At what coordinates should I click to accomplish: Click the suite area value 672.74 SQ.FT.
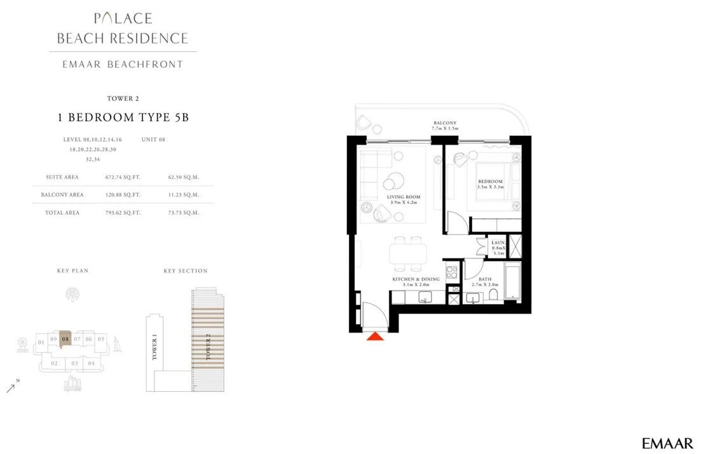tap(123, 177)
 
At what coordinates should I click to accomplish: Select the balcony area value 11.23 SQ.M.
tap(183, 195)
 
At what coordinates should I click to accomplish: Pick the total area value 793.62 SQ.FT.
tap(123, 213)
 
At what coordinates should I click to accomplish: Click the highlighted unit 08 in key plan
tap(65, 338)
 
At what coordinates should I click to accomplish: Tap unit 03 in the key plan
tap(74, 363)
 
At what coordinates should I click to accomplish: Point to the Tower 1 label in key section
tap(154, 349)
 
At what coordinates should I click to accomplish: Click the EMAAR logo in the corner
tap(667, 443)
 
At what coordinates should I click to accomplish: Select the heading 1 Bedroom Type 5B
tap(123, 117)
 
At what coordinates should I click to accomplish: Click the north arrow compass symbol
tap(11, 387)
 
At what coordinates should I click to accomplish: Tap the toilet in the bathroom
tap(494, 295)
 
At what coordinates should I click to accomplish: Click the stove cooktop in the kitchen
tap(451, 272)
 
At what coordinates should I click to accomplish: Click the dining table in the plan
tap(408, 254)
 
